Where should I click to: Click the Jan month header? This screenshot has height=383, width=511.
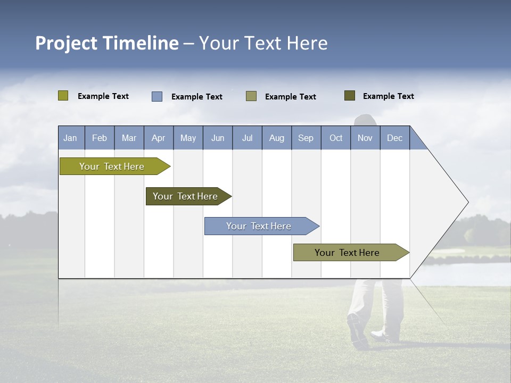pyautogui.click(x=70, y=138)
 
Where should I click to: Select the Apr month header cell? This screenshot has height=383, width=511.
pyautogui.click(x=158, y=138)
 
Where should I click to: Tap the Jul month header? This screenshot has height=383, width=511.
pyautogui.click(x=247, y=138)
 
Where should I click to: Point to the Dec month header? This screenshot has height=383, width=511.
pyautogui.click(x=394, y=138)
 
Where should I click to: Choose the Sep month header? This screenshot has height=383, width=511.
pyautogui.click(x=306, y=138)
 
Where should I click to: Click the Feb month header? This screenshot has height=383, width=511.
pyautogui.click(x=100, y=138)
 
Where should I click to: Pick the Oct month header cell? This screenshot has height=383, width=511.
pyautogui.click(x=336, y=138)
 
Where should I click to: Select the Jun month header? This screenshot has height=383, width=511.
pyautogui.click(x=217, y=138)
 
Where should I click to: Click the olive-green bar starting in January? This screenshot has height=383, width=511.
pyautogui.click(x=112, y=166)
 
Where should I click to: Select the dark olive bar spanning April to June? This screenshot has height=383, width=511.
pyautogui.click(x=185, y=196)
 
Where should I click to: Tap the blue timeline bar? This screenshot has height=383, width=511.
pyautogui.click(x=259, y=226)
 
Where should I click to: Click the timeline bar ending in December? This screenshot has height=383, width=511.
pyautogui.click(x=347, y=253)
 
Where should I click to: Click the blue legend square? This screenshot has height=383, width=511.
pyautogui.click(x=157, y=96)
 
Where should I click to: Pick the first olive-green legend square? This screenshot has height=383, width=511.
pyautogui.click(x=63, y=96)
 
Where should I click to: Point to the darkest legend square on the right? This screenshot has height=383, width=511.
pyautogui.click(x=350, y=96)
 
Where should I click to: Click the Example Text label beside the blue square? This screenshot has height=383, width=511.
pyautogui.click(x=197, y=97)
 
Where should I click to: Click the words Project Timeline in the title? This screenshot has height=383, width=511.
pyautogui.click(x=106, y=43)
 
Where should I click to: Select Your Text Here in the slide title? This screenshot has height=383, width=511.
pyautogui.click(x=263, y=43)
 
